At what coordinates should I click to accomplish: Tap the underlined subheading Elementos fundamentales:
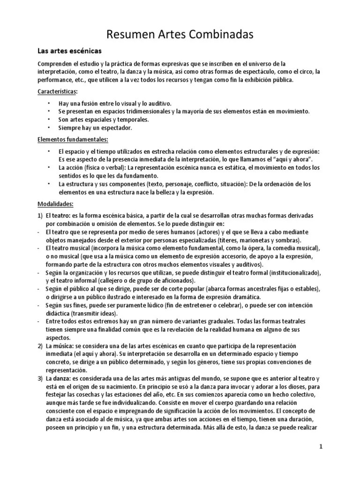(73, 139)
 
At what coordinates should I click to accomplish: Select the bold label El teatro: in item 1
(58, 215)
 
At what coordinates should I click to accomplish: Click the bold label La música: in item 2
(59, 346)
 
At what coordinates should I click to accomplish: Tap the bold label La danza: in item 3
(58, 378)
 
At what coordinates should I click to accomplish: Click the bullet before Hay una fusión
(49, 103)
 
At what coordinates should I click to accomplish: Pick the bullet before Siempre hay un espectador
(49, 127)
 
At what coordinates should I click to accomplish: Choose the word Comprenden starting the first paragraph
(56, 64)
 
